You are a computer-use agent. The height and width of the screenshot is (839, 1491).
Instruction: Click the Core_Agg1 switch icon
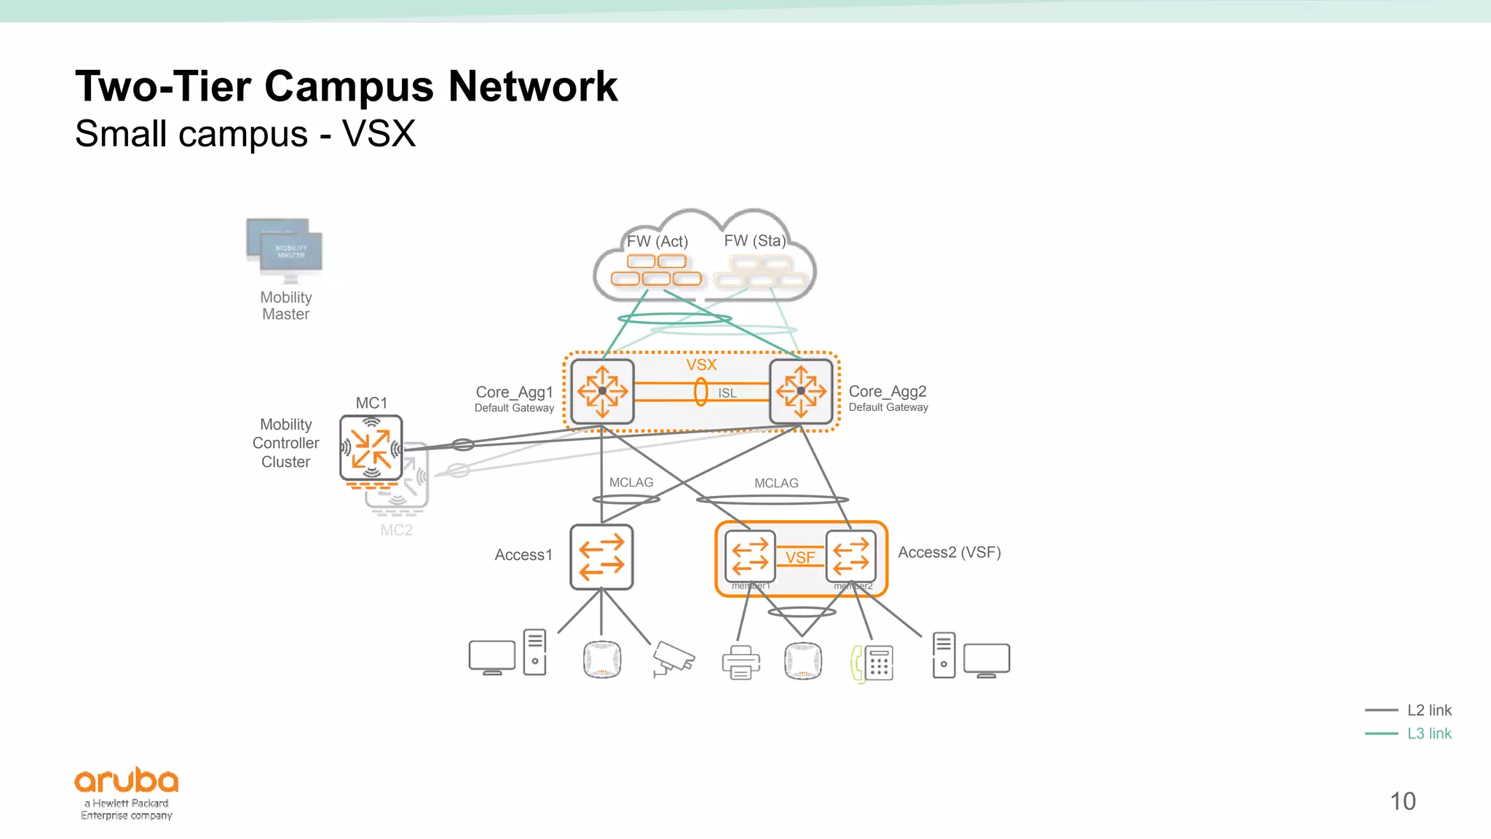(602, 391)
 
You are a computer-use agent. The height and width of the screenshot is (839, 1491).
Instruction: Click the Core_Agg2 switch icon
(801, 391)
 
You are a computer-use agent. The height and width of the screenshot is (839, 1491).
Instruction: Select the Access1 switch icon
(601, 556)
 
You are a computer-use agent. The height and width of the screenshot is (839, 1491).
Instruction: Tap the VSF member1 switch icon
(750, 556)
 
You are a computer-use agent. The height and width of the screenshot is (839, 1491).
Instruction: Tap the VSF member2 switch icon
(850, 556)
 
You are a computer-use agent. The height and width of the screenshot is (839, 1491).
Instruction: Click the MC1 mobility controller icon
(371, 447)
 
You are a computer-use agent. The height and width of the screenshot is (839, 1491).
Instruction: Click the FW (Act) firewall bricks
(656, 270)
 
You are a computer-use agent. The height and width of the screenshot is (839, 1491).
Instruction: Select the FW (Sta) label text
(755, 240)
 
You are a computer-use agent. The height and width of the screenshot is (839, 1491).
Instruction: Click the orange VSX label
(701, 365)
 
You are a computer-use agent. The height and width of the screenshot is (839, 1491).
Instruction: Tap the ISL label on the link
(727, 393)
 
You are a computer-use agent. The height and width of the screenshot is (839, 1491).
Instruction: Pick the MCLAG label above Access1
(631, 482)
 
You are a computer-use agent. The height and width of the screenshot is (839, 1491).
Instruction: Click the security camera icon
(673, 658)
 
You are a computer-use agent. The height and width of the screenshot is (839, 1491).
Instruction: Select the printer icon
(740, 662)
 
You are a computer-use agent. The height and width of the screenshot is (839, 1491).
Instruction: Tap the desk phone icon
(872, 663)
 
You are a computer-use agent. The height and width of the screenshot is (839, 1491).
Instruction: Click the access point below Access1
(602, 660)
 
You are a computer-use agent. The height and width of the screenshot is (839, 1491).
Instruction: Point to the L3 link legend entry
(1428, 733)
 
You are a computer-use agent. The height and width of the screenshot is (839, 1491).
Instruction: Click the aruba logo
(127, 781)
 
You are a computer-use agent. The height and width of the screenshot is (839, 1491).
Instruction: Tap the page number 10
(1402, 801)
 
